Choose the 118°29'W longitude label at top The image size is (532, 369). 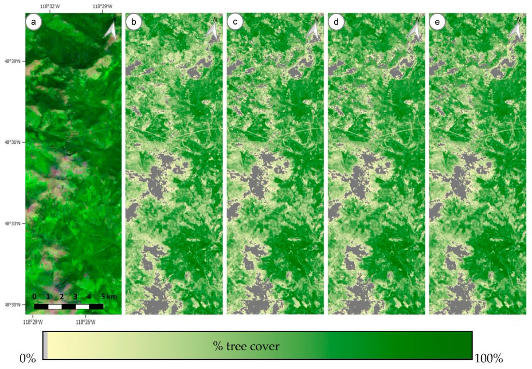(103, 7)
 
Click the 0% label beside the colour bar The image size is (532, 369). (28, 358)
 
